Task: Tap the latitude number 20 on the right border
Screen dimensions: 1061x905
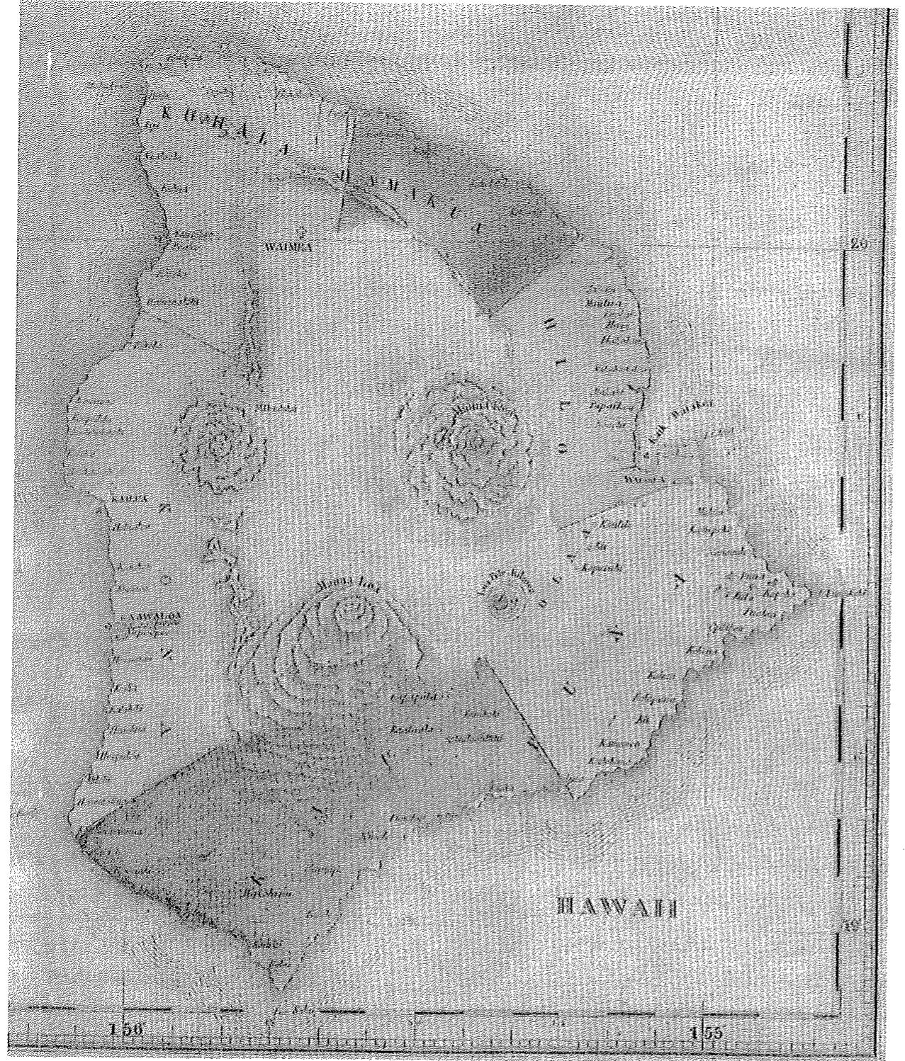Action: point(858,245)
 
